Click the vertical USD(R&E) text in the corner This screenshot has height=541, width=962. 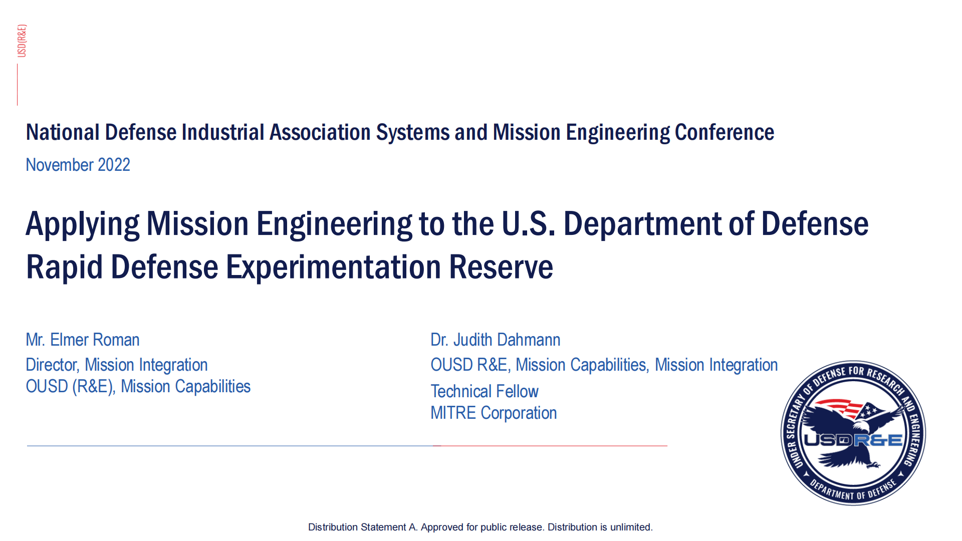pos(22,41)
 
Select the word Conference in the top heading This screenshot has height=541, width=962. pos(725,133)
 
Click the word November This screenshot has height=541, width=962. pos(60,165)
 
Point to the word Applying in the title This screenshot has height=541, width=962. pos(83,224)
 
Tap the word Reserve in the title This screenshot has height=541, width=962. pos(501,267)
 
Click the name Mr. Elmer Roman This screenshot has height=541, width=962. pos(83,340)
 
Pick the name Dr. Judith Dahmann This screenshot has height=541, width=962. pos(496,340)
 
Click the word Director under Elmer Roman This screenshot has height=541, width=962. pos(53,365)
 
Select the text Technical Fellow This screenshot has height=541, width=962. pos(485,391)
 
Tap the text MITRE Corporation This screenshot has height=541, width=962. pos(494,413)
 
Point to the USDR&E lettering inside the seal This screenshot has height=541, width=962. pos(853,440)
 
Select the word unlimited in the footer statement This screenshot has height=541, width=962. pos(631,527)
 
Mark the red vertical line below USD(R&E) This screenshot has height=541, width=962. pos(18,85)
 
